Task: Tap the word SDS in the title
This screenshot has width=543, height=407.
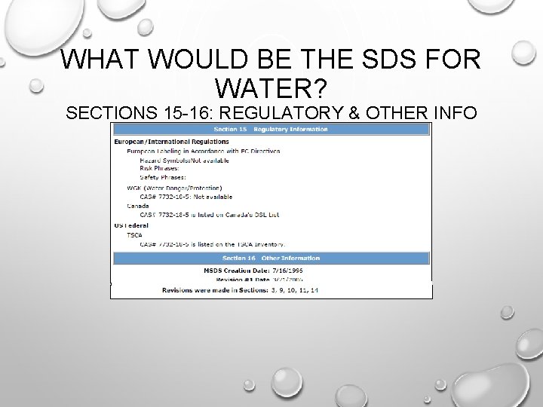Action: (382, 59)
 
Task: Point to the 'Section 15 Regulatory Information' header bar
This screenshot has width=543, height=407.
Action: (271, 129)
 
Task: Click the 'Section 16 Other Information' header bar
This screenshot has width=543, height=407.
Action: (271, 258)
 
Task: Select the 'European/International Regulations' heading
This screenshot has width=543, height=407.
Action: (171, 141)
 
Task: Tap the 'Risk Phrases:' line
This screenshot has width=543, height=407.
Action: (161, 169)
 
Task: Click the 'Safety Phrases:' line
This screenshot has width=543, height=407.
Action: (164, 178)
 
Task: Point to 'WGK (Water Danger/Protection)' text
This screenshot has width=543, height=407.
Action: (173, 187)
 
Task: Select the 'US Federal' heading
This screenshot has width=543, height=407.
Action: (130, 225)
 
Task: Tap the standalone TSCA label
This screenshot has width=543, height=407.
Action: (134, 234)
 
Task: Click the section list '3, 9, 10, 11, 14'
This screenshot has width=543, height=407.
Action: (295, 289)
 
